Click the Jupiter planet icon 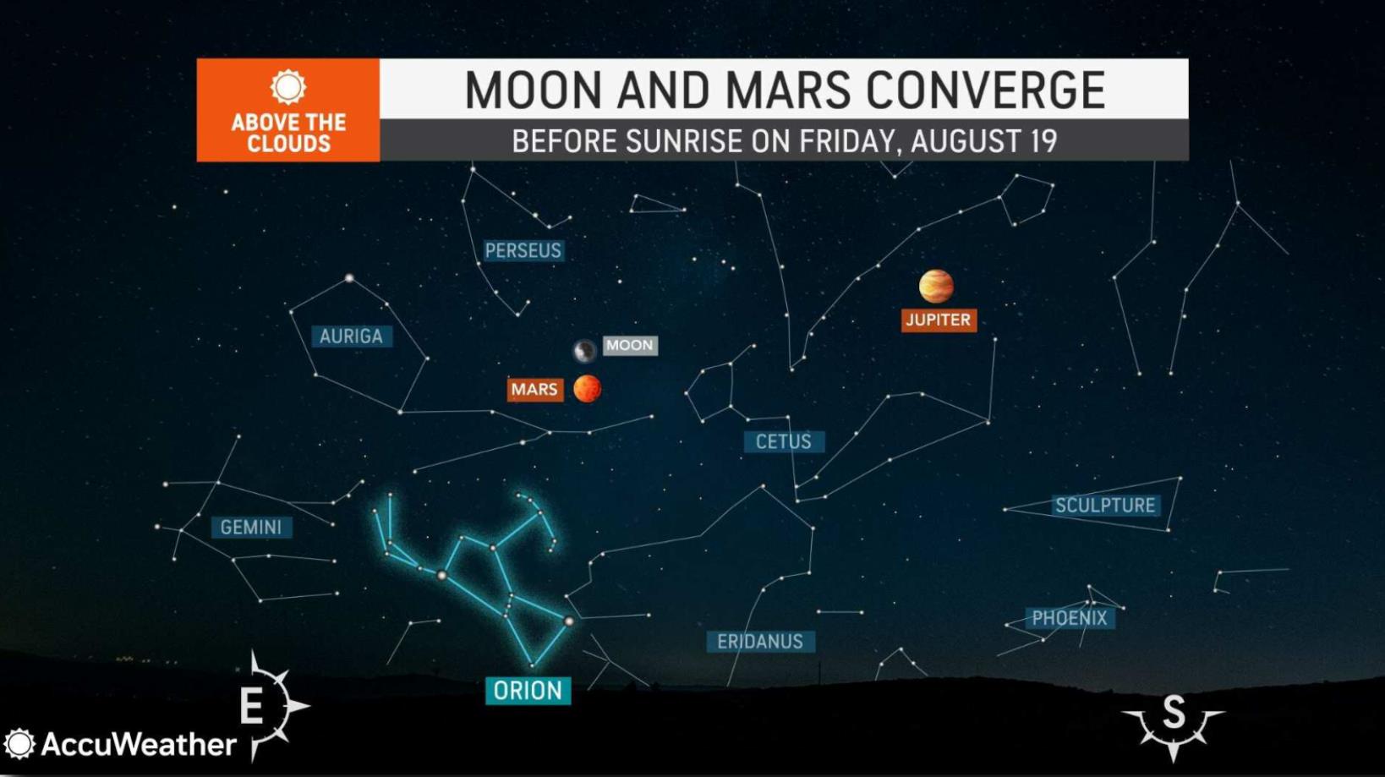coord(936,286)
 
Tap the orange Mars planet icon coord(587,389)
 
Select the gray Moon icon coord(584,351)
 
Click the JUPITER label coord(939,320)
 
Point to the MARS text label coord(535,390)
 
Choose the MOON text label coord(629,346)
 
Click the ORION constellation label coord(528,691)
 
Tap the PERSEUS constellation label coord(523,250)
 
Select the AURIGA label coord(351,337)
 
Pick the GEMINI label coord(251,528)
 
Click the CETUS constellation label coord(783,441)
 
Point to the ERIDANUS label coord(760,642)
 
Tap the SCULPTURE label coord(1105,506)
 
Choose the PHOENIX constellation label coord(1070,618)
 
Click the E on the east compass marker coord(252,707)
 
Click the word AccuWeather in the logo coord(139,744)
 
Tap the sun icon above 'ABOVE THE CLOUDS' coord(288,87)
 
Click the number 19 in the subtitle coord(1043,141)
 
